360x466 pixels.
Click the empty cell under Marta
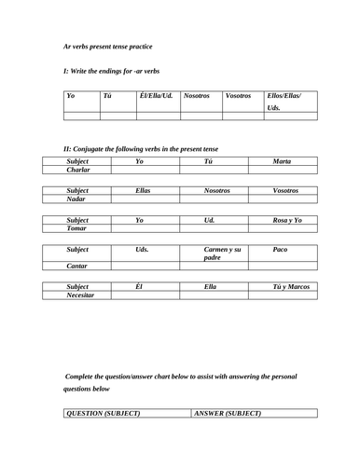tap(282, 171)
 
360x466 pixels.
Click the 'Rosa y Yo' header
tap(282, 218)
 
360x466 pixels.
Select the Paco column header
tap(282, 251)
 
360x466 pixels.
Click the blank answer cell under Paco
tap(282, 266)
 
